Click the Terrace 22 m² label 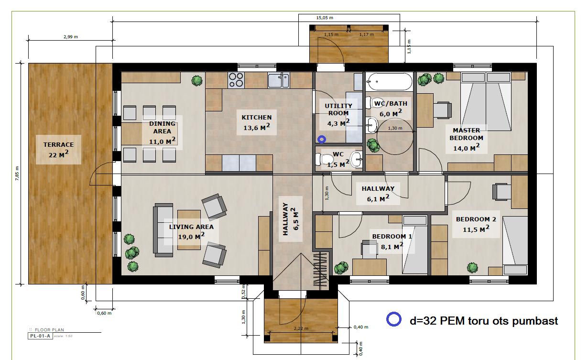tap(58, 150)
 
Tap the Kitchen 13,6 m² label tap(256, 122)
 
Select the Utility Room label tap(338, 109)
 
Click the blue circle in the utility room tap(322, 140)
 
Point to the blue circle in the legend tap(394, 319)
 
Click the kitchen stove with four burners tap(236, 80)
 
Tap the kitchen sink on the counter tap(279, 80)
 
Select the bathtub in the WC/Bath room tap(389, 82)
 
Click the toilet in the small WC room tap(325, 159)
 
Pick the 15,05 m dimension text tap(325, 18)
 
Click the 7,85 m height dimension tap(17, 173)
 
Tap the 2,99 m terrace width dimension tap(71, 37)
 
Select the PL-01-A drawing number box tap(40, 336)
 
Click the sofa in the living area tap(163, 230)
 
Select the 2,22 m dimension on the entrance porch tap(301, 328)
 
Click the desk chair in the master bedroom tap(443, 110)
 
